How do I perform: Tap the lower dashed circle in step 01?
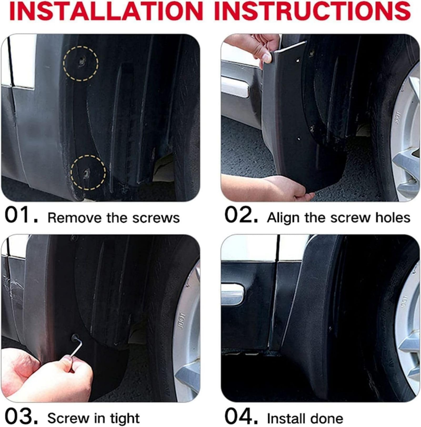(x=88, y=172)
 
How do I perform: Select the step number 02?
(x=241, y=216)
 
